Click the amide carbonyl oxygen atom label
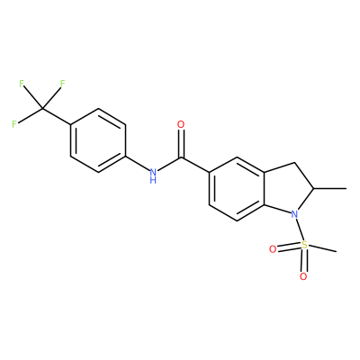pos(181,124)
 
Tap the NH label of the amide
pos(153,175)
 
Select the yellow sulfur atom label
pos(304,245)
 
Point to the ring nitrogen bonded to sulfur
pos(295,214)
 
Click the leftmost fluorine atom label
pos(14,124)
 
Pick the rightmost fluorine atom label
pos(62,84)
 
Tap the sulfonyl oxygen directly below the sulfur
pos(303,276)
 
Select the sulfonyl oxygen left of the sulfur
pos(273,249)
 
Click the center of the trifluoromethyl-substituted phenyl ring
pos(98,140)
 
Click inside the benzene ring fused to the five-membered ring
pos(237,189)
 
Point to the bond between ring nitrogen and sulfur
pos(300,229)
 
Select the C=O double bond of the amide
pos(181,143)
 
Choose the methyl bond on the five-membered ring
pos(330,189)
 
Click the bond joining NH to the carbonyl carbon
pos(169,165)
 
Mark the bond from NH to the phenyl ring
pos(138,163)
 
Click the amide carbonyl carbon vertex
pos(181,157)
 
